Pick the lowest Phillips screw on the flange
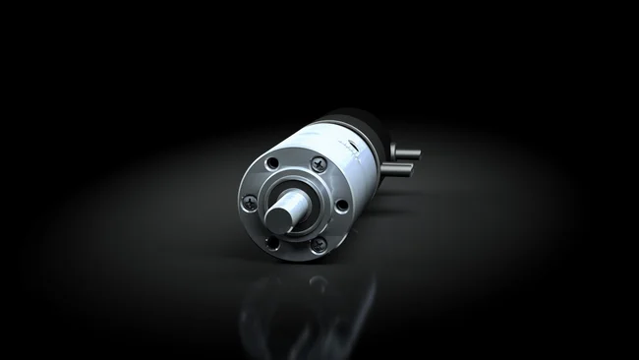tap(317, 246)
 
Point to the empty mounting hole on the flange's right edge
tap(341, 206)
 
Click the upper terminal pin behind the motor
tap(404, 152)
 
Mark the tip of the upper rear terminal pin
tap(417, 152)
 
